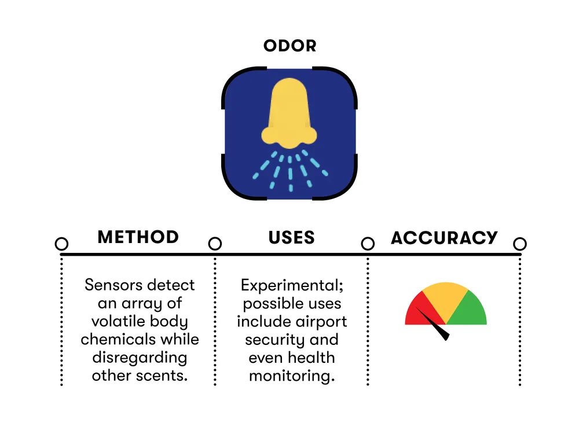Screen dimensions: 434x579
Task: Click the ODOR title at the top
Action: point(289,46)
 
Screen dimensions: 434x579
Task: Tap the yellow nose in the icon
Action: point(289,113)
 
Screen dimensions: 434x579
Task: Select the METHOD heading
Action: point(138,237)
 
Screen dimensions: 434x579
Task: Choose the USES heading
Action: point(291,237)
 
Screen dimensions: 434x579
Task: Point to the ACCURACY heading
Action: point(444,238)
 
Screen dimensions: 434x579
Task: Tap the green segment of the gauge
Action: point(470,311)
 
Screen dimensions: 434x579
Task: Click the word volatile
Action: point(118,321)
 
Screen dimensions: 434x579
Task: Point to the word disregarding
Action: point(140,357)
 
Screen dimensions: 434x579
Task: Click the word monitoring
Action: point(291,376)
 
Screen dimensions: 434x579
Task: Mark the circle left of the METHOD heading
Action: point(61,244)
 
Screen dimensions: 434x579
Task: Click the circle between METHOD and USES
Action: point(215,244)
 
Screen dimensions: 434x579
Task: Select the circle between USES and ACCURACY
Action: point(368,244)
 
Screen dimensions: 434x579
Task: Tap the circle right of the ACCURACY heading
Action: point(520,244)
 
